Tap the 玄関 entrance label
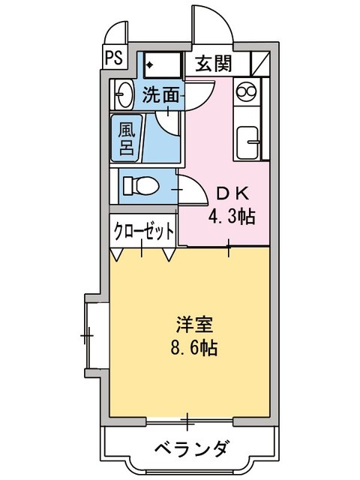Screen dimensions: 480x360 pyautogui.click(x=213, y=63)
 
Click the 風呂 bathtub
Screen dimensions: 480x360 pyautogui.click(x=125, y=137)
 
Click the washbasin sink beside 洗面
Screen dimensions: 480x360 pyautogui.click(x=123, y=94)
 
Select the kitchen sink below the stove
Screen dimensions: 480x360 pyautogui.click(x=247, y=141)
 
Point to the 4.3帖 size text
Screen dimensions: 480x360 pyautogui.click(x=231, y=217)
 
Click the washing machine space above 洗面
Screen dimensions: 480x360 pyautogui.click(x=162, y=64)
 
